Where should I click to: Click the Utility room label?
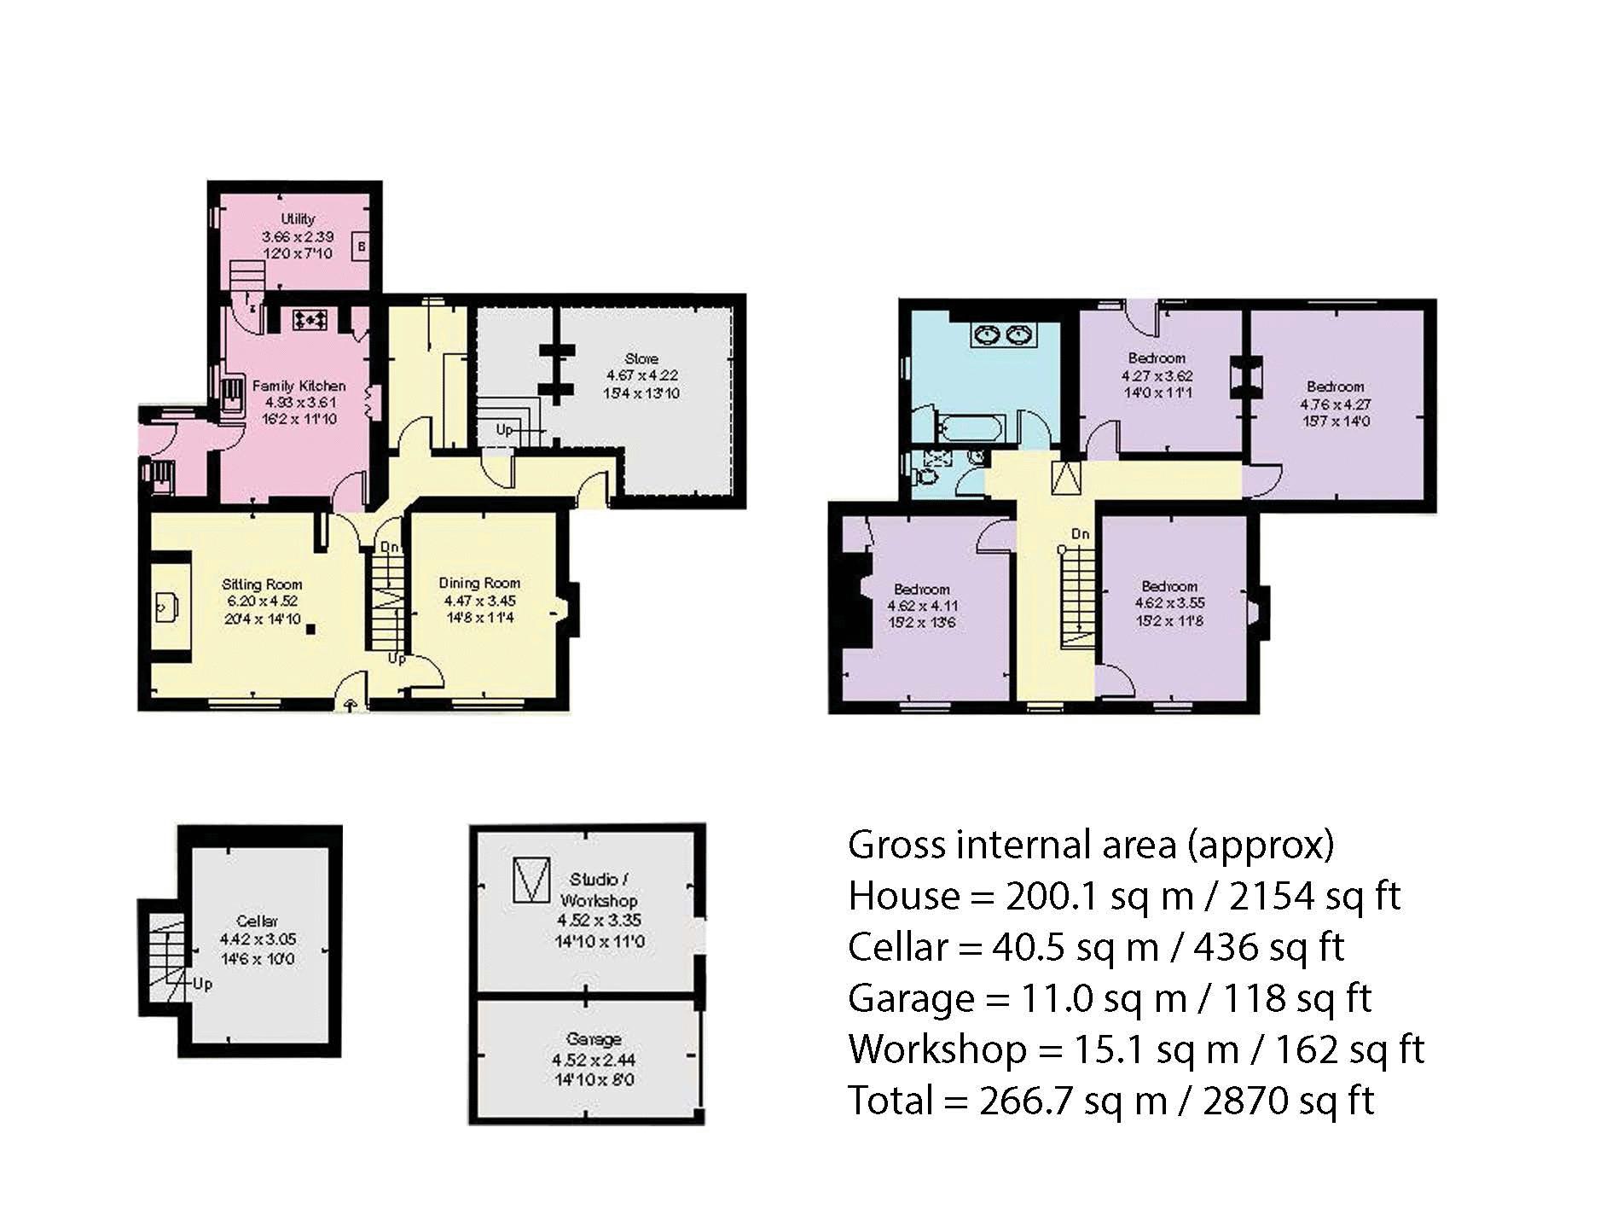pyautogui.click(x=298, y=219)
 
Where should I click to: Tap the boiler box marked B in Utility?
pyautogui.click(x=362, y=247)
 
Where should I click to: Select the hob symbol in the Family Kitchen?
pyautogui.click(x=310, y=320)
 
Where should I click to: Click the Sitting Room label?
pyautogui.click(x=262, y=584)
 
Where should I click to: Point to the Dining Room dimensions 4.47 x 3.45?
pyautogui.click(x=479, y=601)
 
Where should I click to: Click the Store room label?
pyautogui.click(x=641, y=359)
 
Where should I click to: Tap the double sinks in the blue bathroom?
pyautogui.click(x=1002, y=335)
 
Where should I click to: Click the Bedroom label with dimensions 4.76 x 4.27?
pyautogui.click(x=1336, y=387)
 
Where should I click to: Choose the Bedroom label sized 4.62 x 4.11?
pyautogui.click(x=922, y=590)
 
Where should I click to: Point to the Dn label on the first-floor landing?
pyautogui.click(x=1081, y=534)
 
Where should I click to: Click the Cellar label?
pyautogui.click(x=257, y=921)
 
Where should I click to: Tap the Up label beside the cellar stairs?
pyautogui.click(x=202, y=984)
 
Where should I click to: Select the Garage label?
pyautogui.click(x=594, y=1039)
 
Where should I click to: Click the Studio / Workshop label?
pyautogui.click(x=599, y=889)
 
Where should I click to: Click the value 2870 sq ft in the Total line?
pyautogui.click(x=1288, y=1101)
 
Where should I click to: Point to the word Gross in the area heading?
pyautogui.click(x=897, y=845)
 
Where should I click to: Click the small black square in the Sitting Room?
pyautogui.click(x=311, y=630)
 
